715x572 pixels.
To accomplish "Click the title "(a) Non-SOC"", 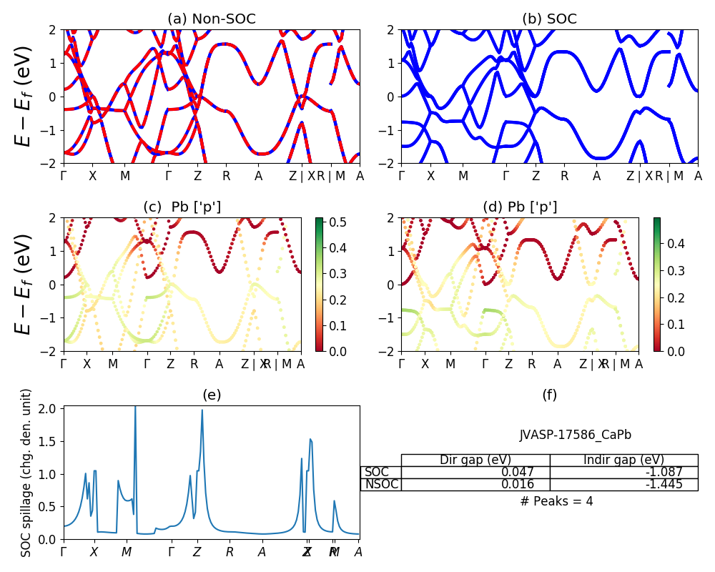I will [x=212, y=19].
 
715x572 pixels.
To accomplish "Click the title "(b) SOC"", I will [x=549, y=19].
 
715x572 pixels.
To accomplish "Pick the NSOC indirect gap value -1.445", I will [x=662, y=485].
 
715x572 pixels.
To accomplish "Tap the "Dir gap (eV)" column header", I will [x=475, y=460].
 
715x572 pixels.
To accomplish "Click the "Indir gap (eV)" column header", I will [x=623, y=460].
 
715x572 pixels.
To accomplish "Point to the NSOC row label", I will [x=381, y=485].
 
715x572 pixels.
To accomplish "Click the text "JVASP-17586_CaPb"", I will [x=575, y=435].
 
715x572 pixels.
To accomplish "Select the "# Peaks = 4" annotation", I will [x=556, y=501].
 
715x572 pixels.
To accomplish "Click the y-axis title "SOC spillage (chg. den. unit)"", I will [x=27, y=473].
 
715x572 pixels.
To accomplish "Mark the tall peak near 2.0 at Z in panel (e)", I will [x=202, y=410].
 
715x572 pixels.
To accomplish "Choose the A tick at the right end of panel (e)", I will [x=358, y=552].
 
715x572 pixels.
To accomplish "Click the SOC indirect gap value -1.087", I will [x=662, y=473].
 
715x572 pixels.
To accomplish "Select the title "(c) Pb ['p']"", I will [x=182, y=207].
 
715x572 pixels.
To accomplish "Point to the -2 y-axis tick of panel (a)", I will [x=52, y=164].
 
